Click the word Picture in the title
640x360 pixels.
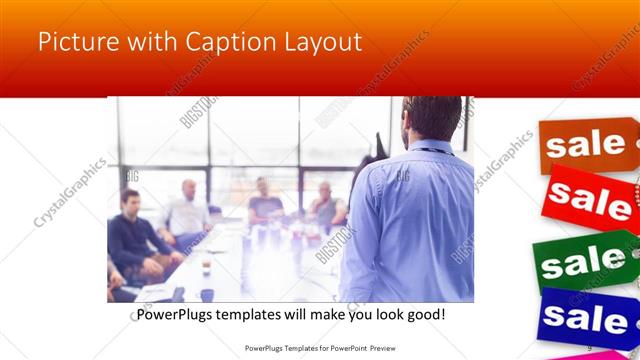77,43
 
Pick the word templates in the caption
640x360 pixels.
257,315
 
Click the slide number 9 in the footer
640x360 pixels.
589,347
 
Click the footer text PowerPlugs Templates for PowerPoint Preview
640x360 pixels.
319,347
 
